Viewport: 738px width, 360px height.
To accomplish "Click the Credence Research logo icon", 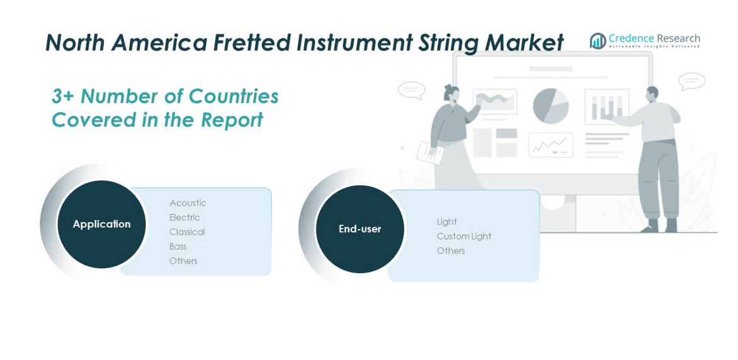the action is (x=598, y=41).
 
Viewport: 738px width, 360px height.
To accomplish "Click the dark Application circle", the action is (x=101, y=224).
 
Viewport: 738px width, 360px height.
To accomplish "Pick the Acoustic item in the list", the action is (x=188, y=203).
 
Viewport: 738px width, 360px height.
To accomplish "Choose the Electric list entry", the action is (x=184, y=217).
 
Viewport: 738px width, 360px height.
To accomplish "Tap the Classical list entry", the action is (x=187, y=232).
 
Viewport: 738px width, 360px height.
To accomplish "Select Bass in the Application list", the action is (x=178, y=247).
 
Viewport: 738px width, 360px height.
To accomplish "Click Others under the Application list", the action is (x=183, y=261).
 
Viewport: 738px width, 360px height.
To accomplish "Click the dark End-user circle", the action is (x=360, y=229).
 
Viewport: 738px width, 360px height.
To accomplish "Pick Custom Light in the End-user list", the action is (x=463, y=236).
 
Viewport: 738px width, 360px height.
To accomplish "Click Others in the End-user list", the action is (x=450, y=251).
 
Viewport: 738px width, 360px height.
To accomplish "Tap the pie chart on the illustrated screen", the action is (x=551, y=106).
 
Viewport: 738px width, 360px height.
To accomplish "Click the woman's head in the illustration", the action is (x=451, y=93).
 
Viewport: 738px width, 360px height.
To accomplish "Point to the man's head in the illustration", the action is (x=653, y=93).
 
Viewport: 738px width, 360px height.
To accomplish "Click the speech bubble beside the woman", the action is (x=411, y=91).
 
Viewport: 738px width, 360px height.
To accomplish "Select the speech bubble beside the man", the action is (x=692, y=81).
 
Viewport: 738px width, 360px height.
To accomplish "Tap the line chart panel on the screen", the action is (x=551, y=145).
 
